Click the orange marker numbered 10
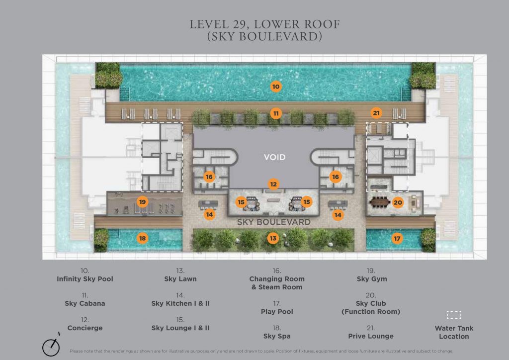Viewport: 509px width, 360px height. pos(275,87)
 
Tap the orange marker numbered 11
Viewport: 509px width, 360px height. pos(275,113)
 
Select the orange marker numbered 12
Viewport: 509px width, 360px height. pos(274,184)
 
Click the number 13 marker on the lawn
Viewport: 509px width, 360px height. pos(273,239)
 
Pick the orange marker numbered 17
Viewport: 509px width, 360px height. pos(397,239)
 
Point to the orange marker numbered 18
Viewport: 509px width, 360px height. pos(143,238)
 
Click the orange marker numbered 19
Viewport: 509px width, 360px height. pos(143,202)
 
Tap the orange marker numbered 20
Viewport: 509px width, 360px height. pos(398,203)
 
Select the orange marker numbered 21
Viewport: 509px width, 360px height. pos(376,113)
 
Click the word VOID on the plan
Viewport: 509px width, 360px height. pos(274,158)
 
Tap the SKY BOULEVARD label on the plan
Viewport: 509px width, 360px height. pos(274,222)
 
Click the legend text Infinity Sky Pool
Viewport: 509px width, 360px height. pos(85,279)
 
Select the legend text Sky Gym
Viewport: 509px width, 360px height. pos(372,279)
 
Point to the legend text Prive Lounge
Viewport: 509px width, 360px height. pos(371,336)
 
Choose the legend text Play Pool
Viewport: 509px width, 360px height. pos(277,312)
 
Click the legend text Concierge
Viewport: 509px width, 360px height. pos(85,328)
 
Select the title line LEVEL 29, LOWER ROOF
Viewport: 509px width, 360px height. pos(264,24)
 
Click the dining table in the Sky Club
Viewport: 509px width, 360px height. pos(380,203)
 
